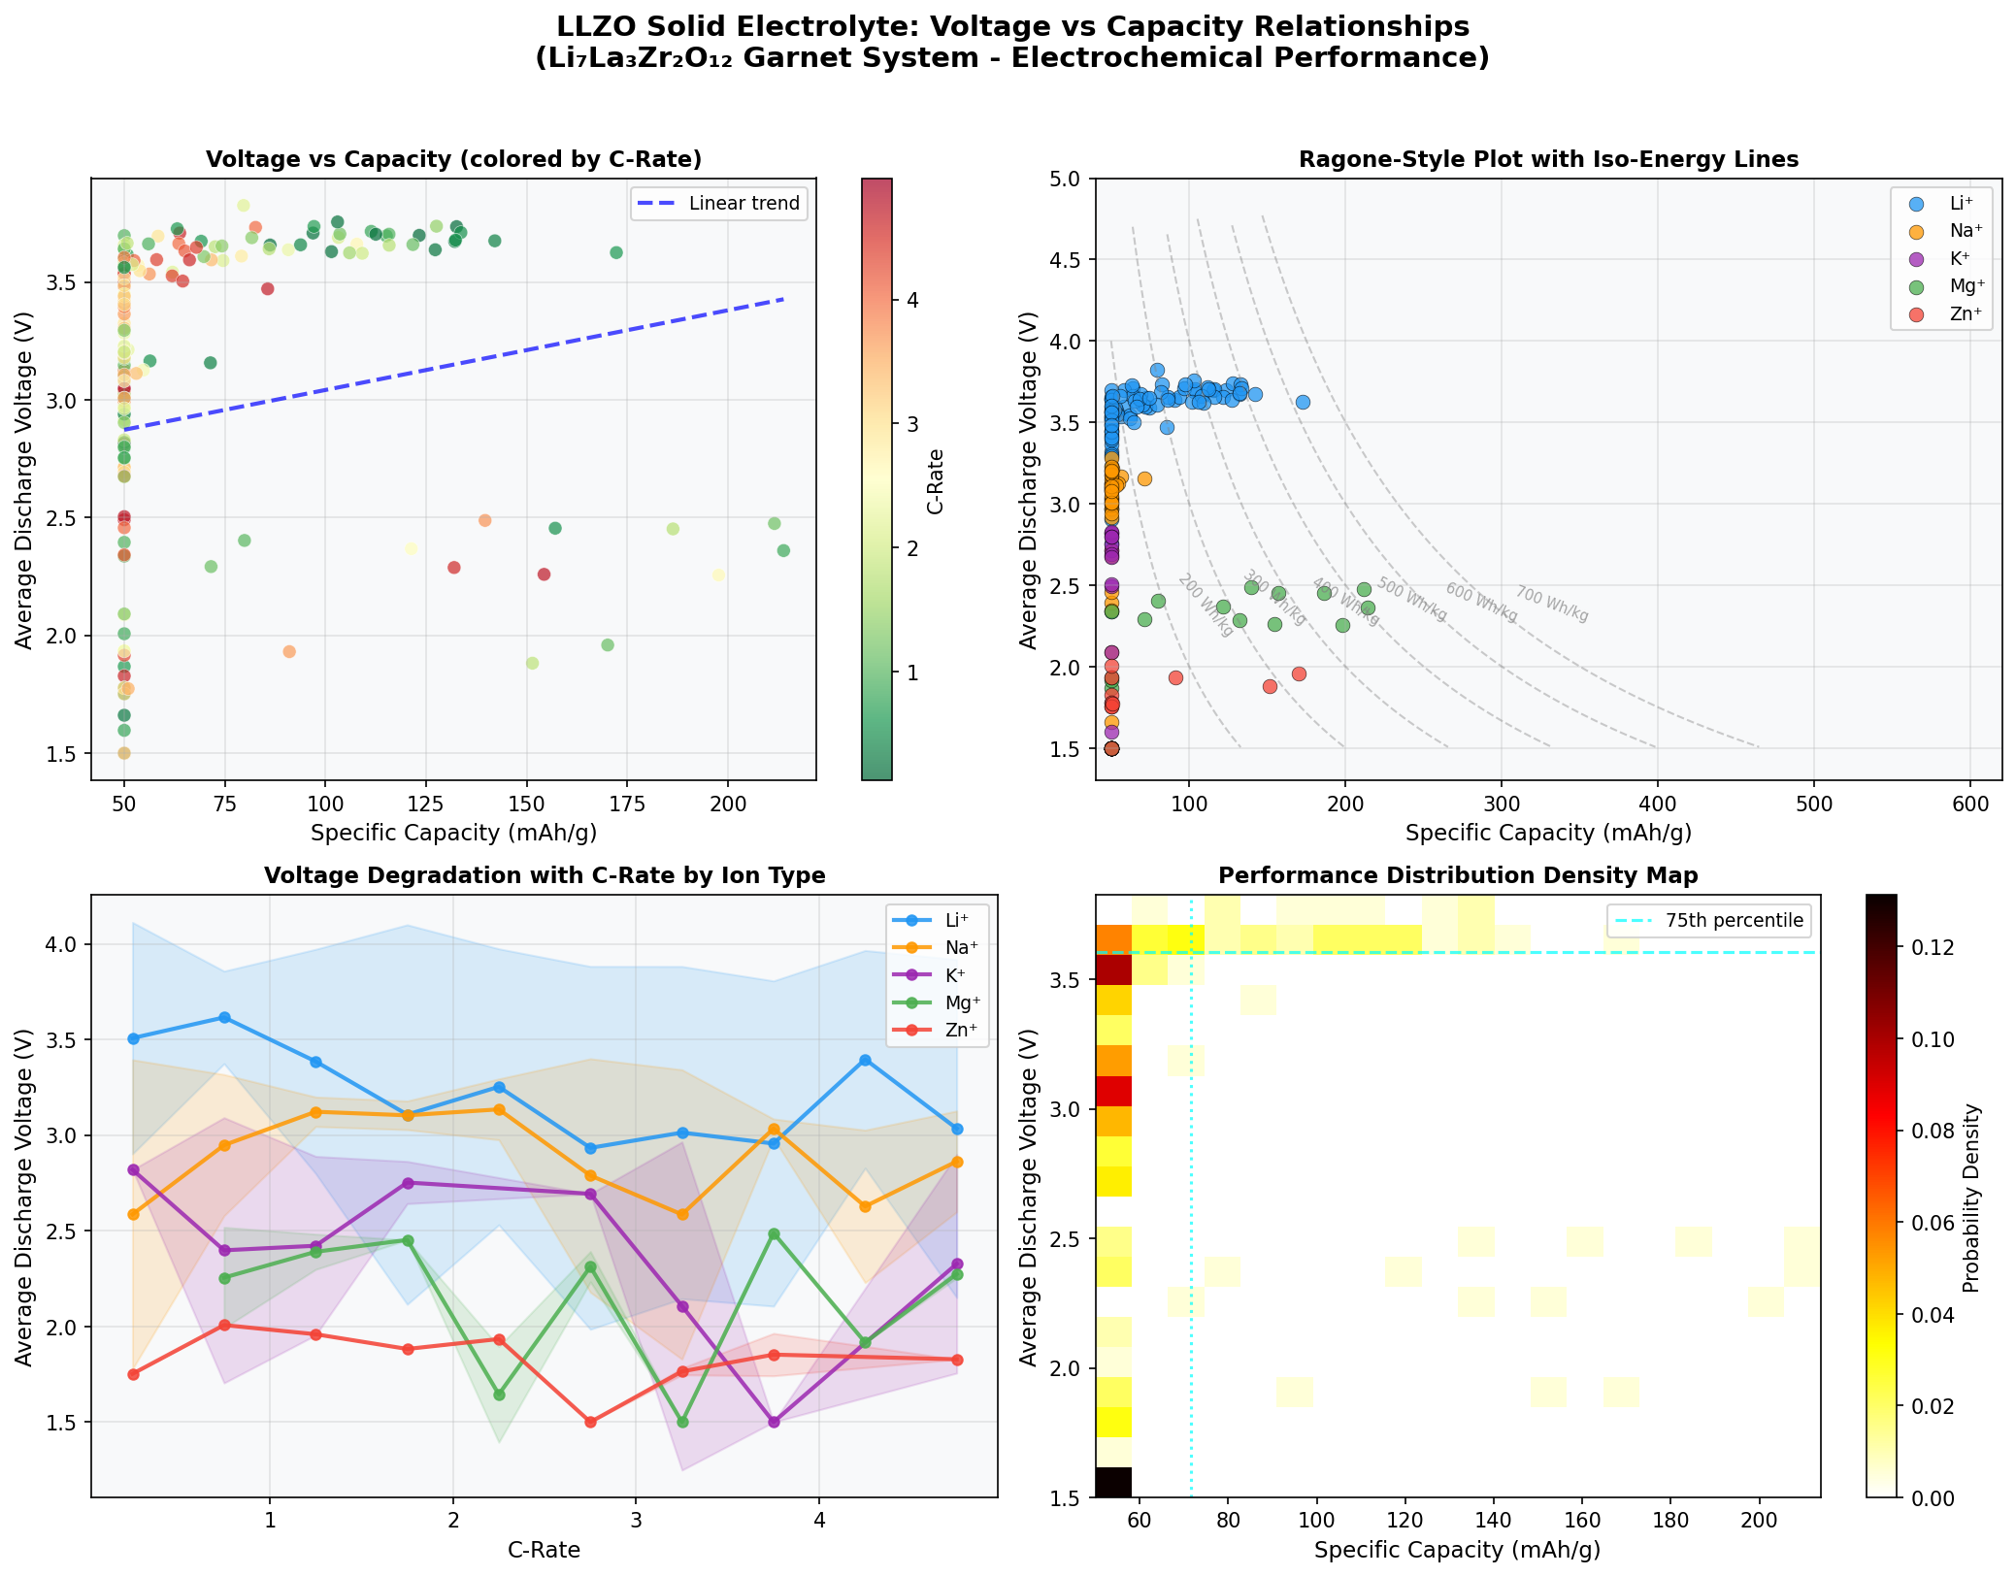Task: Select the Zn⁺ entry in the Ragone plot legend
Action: click(x=1958, y=312)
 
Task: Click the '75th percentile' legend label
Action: click(x=1735, y=921)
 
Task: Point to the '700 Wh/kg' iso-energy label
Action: click(x=1552, y=605)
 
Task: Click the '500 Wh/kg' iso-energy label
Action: click(x=1411, y=600)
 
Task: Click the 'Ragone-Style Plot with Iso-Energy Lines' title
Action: click(x=1548, y=159)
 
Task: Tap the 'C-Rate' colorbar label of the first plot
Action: click(x=935, y=481)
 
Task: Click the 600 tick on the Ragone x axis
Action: click(x=1969, y=805)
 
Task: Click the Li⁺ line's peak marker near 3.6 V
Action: click(x=224, y=1017)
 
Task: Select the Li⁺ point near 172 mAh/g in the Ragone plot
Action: click(x=1303, y=402)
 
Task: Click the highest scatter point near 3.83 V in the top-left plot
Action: click(x=244, y=205)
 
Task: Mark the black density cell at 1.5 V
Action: click(x=1113, y=1482)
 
